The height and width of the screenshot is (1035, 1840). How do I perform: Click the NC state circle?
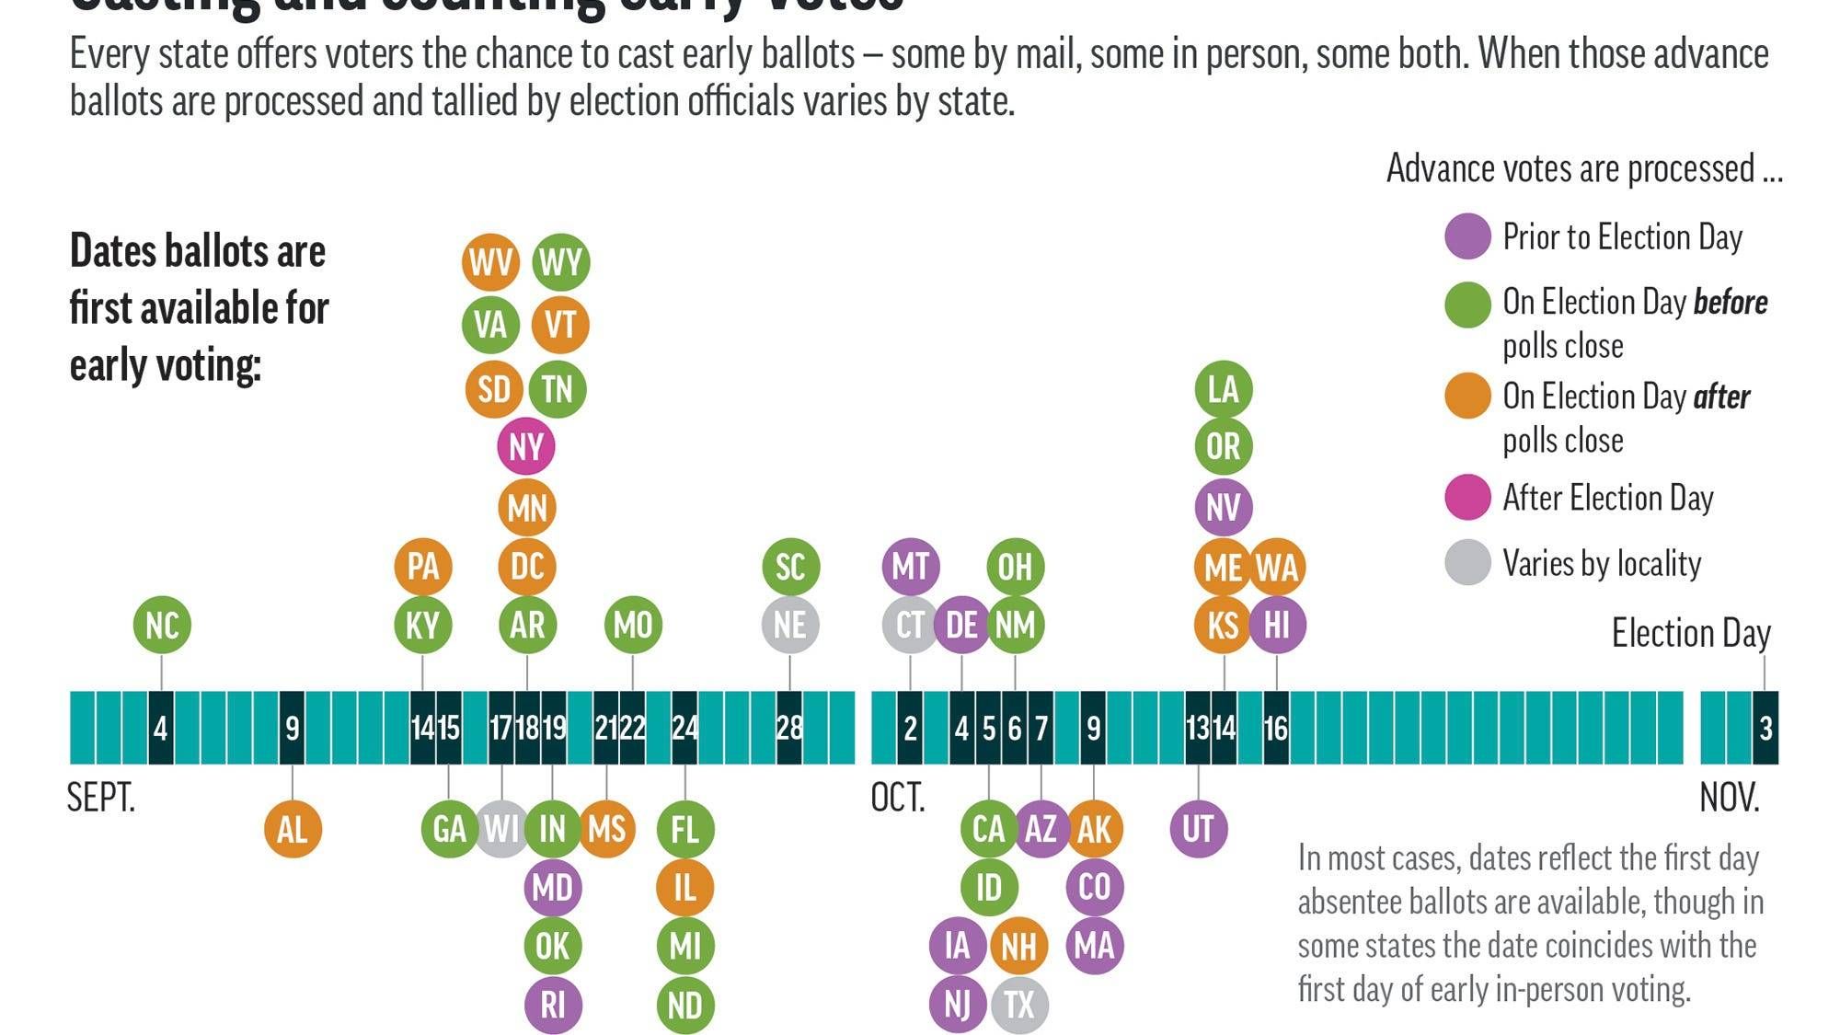pyautogui.click(x=162, y=625)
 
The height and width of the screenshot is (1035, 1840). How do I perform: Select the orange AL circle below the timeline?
pyautogui.click(x=293, y=829)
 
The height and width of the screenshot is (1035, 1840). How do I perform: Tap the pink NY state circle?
pyautogui.click(x=526, y=446)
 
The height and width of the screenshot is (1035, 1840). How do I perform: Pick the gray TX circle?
pyautogui.click(x=1018, y=1004)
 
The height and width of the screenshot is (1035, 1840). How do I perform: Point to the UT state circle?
pyautogui.click(x=1198, y=829)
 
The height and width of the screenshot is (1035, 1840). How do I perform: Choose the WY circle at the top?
pyautogui.click(x=560, y=262)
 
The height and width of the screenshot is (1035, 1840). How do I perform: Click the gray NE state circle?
pyautogui.click(x=789, y=625)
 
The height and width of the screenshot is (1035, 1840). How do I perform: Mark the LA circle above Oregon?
pyautogui.click(x=1223, y=388)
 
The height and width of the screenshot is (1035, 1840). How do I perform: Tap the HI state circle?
pyautogui.click(x=1276, y=625)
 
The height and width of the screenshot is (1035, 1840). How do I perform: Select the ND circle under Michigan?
pyautogui.click(x=685, y=1004)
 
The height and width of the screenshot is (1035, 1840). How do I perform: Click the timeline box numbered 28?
pyautogui.click(x=789, y=728)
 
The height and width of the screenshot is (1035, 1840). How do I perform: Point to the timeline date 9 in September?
pyautogui.click(x=292, y=728)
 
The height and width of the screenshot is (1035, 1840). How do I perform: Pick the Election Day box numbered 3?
pyautogui.click(x=1765, y=728)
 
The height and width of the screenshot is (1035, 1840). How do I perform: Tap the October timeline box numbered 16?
pyautogui.click(x=1275, y=728)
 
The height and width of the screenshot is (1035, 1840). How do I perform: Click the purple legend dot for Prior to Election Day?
pyautogui.click(x=1467, y=236)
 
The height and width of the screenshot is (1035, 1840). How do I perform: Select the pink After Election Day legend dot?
pyautogui.click(x=1467, y=498)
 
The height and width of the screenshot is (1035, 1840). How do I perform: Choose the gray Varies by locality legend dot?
pyautogui.click(x=1467, y=562)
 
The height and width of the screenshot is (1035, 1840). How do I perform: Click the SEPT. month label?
pyautogui.click(x=101, y=798)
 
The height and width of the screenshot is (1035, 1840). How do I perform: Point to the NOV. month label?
pyautogui.click(x=1729, y=798)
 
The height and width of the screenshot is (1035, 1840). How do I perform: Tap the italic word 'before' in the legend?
pyautogui.click(x=1731, y=302)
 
